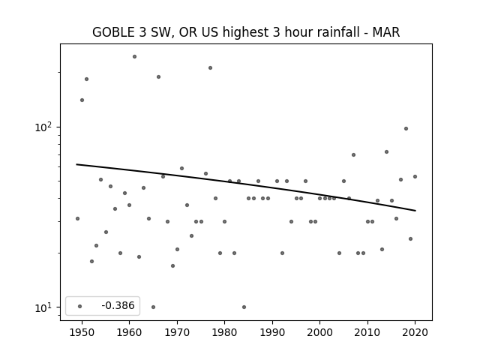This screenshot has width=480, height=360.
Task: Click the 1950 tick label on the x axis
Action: [x=82, y=332]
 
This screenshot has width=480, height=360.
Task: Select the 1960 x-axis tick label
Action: [x=129, y=332]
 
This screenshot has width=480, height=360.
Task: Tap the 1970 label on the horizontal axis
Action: [x=177, y=332]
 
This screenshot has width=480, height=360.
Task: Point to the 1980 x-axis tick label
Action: [x=224, y=332]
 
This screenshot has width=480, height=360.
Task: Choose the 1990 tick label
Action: [x=272, y=332]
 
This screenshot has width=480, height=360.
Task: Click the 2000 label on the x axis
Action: [x=320, y=332]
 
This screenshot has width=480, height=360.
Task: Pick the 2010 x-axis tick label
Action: [x=367, y=332]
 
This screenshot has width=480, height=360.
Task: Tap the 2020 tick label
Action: [x=415, y=332]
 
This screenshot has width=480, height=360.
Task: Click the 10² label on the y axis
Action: [x=45, y=127]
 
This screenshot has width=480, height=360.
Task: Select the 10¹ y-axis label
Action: [x=45, y=307]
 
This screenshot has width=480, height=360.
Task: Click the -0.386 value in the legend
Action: [x=118, y=305]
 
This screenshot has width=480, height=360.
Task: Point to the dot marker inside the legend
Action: [x=80, y=306]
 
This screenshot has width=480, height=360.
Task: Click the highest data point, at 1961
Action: [x=134, y=57]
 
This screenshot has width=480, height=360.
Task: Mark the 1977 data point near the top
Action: [x=210, y=68]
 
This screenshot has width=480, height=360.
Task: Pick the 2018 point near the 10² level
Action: [x=406, y=128]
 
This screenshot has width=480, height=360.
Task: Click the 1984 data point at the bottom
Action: [x=244, y=307]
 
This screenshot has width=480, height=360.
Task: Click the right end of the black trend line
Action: [x=415, y=211]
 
